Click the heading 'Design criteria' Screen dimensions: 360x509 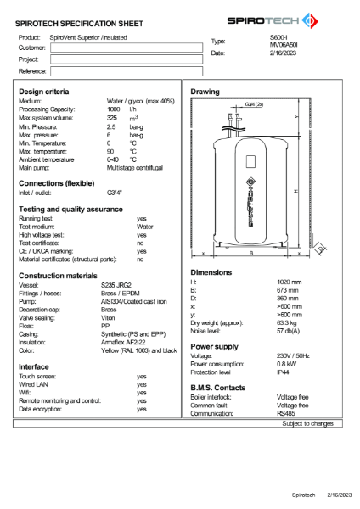[44, 91]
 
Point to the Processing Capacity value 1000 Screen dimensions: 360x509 [113, 109]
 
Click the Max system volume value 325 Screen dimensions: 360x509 [112, 117]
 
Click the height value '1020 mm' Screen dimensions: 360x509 [290, 281]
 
